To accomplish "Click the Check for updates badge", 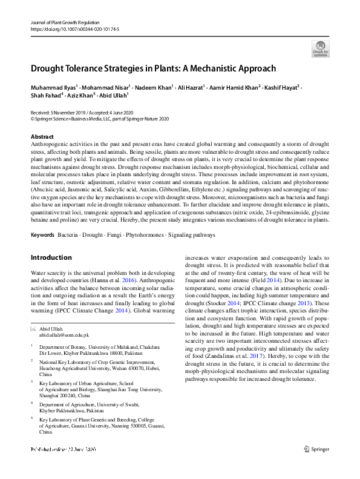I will point(321,48).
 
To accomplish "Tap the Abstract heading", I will point(42,137).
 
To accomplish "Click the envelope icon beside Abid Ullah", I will point(33,328).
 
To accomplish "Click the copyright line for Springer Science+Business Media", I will point(100,119).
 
